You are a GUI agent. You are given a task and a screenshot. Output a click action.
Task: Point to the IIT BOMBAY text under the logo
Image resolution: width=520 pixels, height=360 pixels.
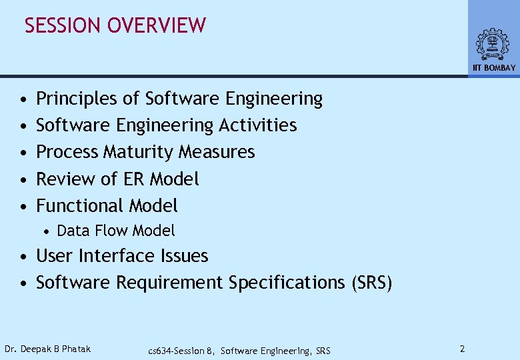[494, 68]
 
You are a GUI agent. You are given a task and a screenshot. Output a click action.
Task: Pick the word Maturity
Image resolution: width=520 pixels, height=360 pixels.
[138, 153]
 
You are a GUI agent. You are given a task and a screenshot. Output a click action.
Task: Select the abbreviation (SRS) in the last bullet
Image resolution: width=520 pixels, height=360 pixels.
[371, 283]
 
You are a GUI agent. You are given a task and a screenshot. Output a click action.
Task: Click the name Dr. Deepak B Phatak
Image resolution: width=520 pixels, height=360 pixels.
[48, 349]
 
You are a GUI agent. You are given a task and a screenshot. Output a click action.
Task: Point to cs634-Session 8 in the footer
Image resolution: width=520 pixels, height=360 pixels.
[181, 351]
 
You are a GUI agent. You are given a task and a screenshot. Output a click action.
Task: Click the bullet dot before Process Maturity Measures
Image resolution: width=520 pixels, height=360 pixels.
[23, 153]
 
